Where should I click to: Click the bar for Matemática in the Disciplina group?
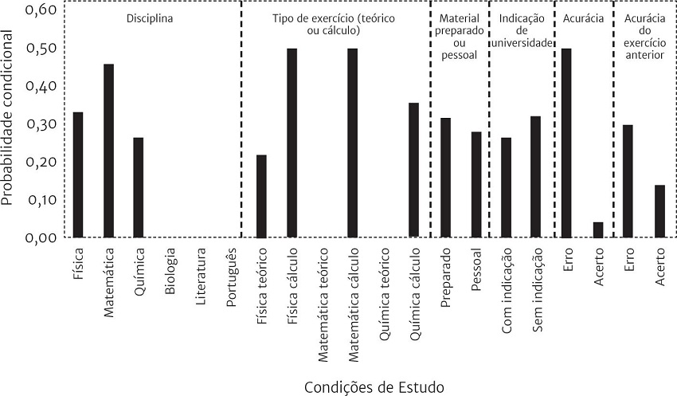(x=108, y=151)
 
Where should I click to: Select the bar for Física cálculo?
(x=292, y=143)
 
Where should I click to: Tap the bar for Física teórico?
(x=261, y=196)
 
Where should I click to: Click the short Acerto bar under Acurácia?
(x=598, y=229)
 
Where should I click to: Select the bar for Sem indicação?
(x=535, y=177)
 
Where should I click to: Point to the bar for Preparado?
(x=445, y=178)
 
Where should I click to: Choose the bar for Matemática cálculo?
(x=352, y=143)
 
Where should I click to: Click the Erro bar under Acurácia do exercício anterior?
(x=628, y=181)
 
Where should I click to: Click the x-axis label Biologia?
(x=170, y=275)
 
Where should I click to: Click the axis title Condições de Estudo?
(x=374, y=386)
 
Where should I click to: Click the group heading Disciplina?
(x=150, y=18)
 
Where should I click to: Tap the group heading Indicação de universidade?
(x=522, y=30)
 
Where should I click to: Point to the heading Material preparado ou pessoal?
(x=458, y=37)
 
